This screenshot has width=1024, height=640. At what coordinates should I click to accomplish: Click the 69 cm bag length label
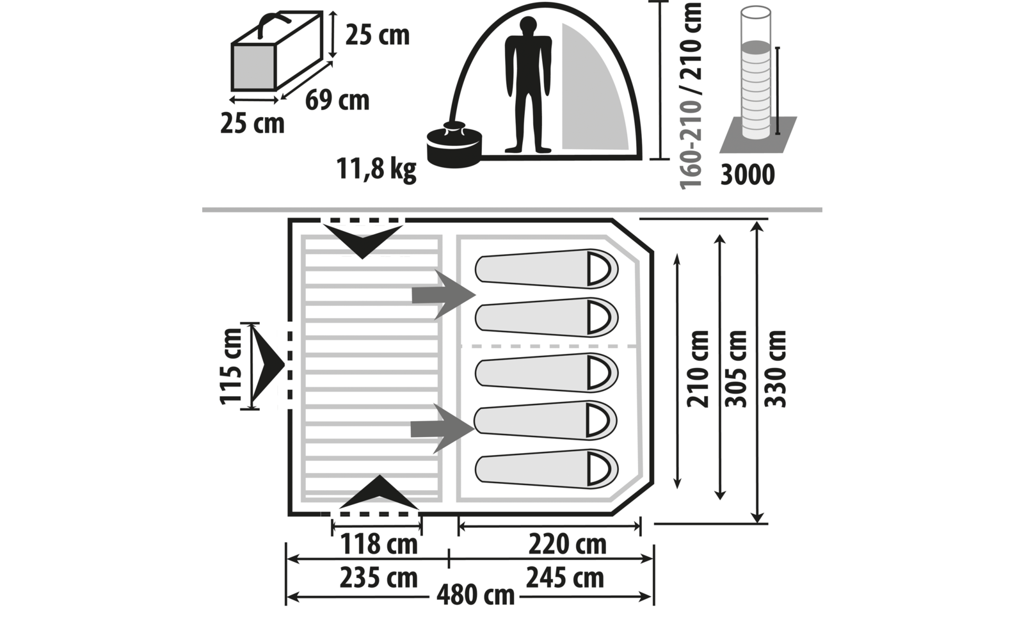pyautogui.click(x=337, y=100)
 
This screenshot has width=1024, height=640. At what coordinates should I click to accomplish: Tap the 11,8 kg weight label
pyautogui.click(x=376, y=169)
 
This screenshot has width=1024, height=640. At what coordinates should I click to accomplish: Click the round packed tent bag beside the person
pyautogui.click(x=454, y=145)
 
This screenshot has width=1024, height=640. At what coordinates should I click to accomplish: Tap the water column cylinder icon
pyautogui.click(x=756, y=73)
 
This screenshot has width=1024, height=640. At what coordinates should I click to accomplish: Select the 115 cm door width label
pyautogui.click(x=231, y=366)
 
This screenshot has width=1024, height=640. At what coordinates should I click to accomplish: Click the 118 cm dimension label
pyautogui.click(x=379, y=544)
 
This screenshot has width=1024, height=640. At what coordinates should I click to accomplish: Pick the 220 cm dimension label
pyautogui.click(x=567, y=544)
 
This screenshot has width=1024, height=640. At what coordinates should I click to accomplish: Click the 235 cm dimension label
pyautogui.click(x=378, y=578)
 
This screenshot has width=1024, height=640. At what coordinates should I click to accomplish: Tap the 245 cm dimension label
pyautogui.click(x=565, y=578)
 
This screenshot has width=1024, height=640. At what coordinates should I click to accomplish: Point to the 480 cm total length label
pyautogui.click(x=476, y=595)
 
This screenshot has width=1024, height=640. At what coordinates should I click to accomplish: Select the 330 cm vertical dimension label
pyautogui.click(x=775, y=369)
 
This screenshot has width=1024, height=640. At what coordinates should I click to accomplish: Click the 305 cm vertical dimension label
pyautogui.click(x=736, y=369)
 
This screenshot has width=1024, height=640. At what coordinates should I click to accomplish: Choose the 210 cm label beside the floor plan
pyautogui.click(x=698, y=369)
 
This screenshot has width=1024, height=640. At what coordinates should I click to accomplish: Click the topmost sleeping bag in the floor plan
pyautogui.click(x=547, y=269)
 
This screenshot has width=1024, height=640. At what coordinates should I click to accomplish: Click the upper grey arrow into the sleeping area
pyautogui.click(x=444, y=295)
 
